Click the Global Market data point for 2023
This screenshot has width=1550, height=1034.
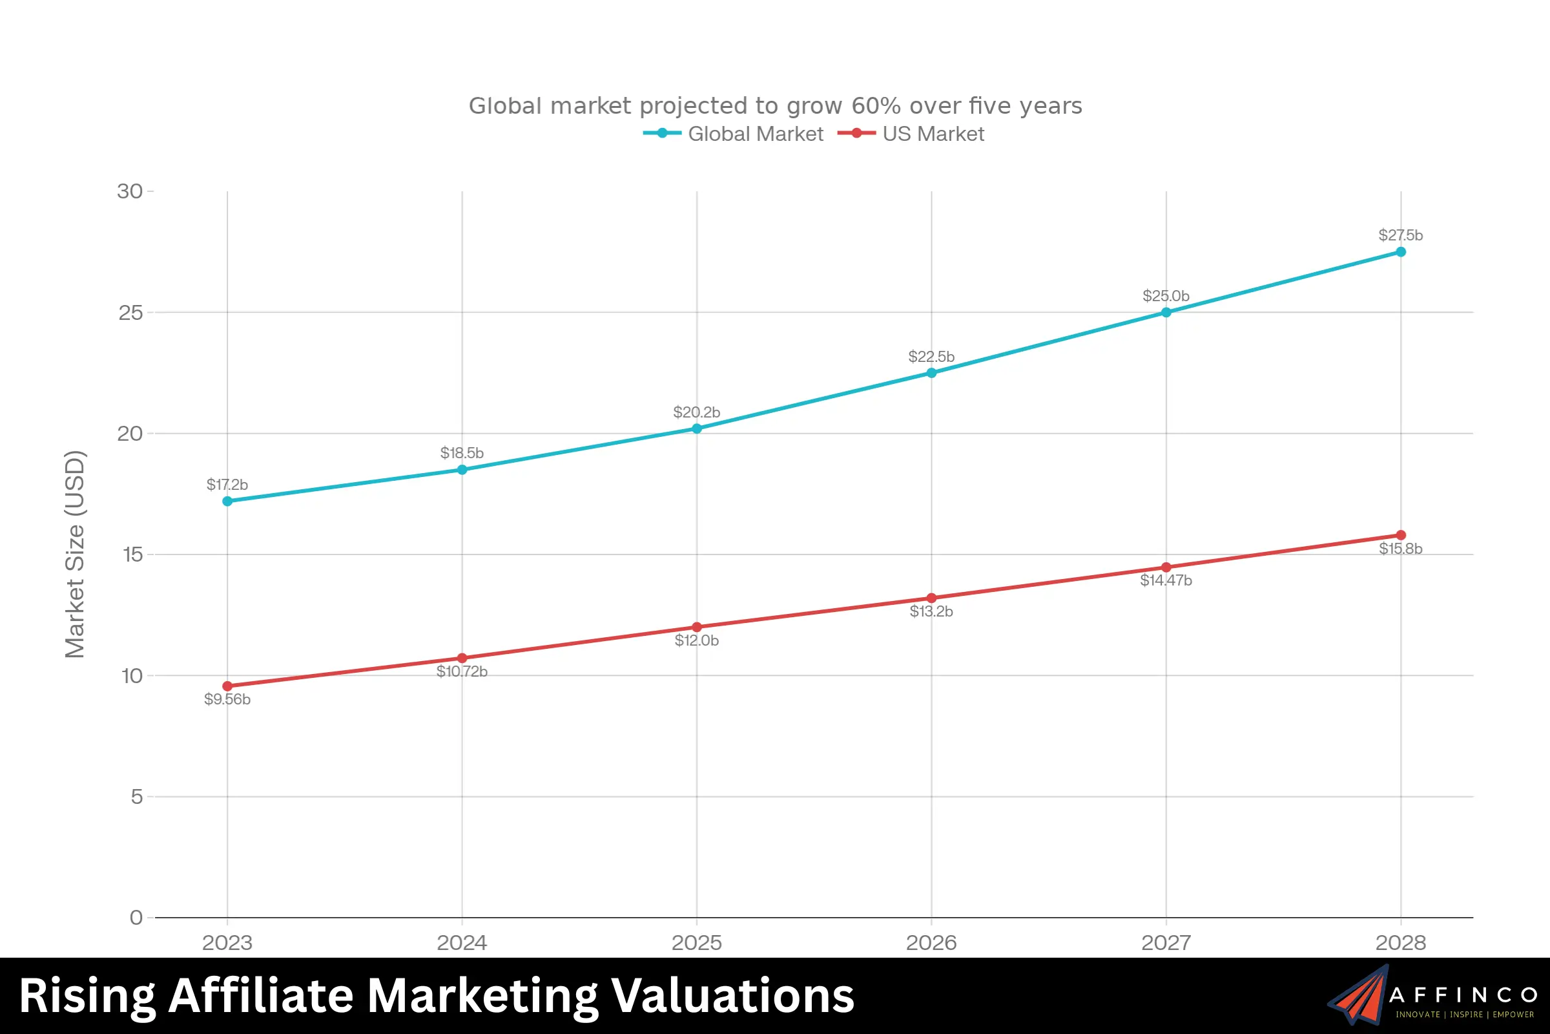pyautogui.click(x=227, y=501)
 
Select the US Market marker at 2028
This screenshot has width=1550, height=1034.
pyautogui.click(x=1400, y=536)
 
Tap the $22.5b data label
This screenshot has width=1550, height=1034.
pyautogui.click(x=931, y=357)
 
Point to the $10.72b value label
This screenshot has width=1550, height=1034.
pyautogui.click(x=462, y=671)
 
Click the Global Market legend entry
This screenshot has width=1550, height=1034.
pyautogui.click(x=734, y=134)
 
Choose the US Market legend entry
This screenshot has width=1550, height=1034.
pyautogui.click(x=911, y=134)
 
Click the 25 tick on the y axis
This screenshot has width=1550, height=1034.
pyautogui.click(x=130, y=313)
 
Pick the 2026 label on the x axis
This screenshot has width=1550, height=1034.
pyautogui.click(x=931, y=942)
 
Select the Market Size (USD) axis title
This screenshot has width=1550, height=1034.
pyautogui.click(x=75, y=554)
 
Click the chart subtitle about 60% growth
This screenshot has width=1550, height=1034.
pyautogui.click(x=775, y=105)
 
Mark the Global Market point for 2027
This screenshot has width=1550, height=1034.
pyautogui.click(x=1166, y=313)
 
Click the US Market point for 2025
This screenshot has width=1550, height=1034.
pyautogui.click(x=697, y=627)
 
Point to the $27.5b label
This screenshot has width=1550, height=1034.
pyautogui.click(x=1400, y=235)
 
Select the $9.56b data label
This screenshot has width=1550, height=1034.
pyautogui.click(x=227, y=699)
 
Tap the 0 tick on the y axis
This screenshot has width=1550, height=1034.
pyautogui.click(x=136, y=917)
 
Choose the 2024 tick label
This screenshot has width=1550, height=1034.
pyautogui.click(x=462, y=942)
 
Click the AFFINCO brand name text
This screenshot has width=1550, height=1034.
pyautogui.click(x=1463, y=995)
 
